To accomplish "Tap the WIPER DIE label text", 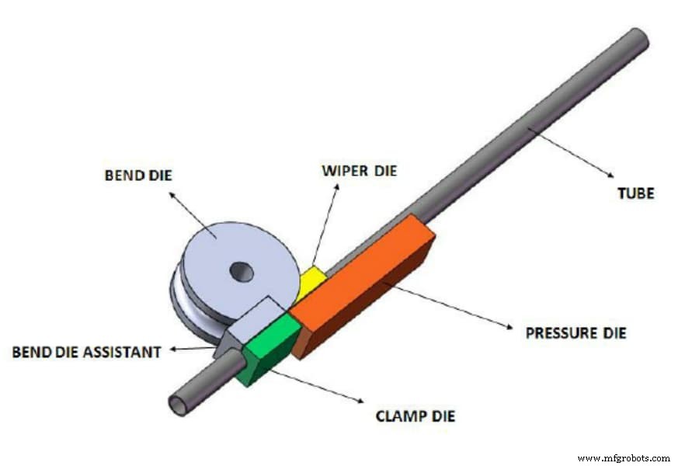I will coord(359,169).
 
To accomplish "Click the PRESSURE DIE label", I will coord(576,333).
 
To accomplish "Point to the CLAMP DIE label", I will coord(415,416).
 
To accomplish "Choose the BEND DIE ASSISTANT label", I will coord(86,352).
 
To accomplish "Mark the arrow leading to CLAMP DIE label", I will coord(318,386).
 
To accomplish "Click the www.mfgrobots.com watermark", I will coord(624,457).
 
